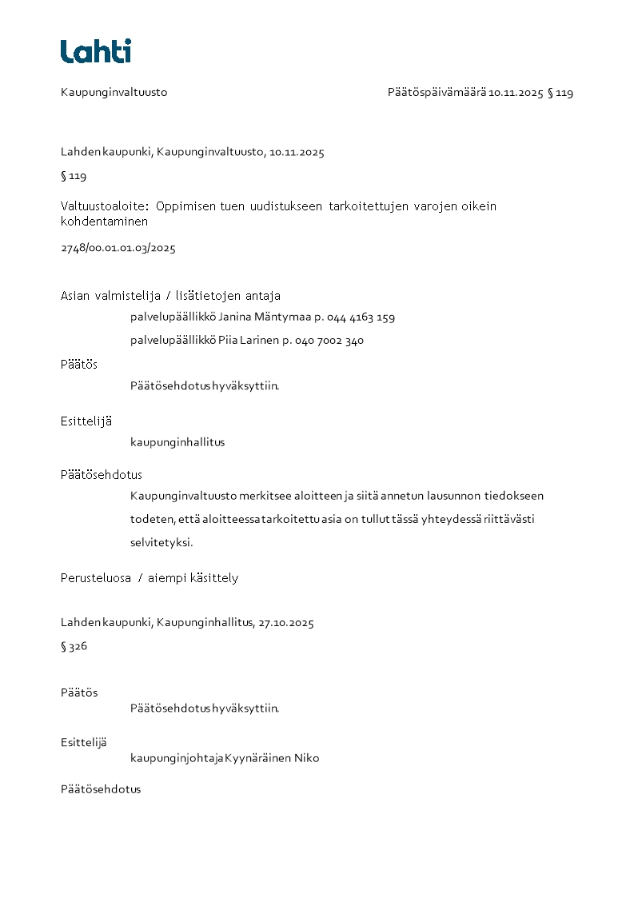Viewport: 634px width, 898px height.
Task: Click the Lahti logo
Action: (96, 51)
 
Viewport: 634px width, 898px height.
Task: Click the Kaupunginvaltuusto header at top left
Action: (114, 93)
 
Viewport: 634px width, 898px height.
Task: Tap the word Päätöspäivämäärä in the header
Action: (437, 93)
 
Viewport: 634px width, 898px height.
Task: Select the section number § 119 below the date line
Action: (74, 176)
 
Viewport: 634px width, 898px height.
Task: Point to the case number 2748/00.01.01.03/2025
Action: (118, 248)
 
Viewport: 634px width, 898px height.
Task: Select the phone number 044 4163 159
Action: (361, 317)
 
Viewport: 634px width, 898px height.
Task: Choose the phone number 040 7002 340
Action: (329, 340)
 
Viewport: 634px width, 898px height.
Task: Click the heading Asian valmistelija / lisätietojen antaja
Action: (170, 296)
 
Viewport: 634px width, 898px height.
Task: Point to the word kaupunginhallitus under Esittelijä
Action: (177, 442)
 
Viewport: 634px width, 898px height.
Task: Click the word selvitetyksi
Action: (161, 542)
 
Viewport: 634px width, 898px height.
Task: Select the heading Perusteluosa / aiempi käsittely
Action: (150, 578)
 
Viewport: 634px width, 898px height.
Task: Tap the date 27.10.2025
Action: (286, 623)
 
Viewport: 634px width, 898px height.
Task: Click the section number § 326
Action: (74, 647)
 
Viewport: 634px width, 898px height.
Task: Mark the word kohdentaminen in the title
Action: (104, 222)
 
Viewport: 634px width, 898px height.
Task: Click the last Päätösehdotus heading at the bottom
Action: (101, 789)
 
